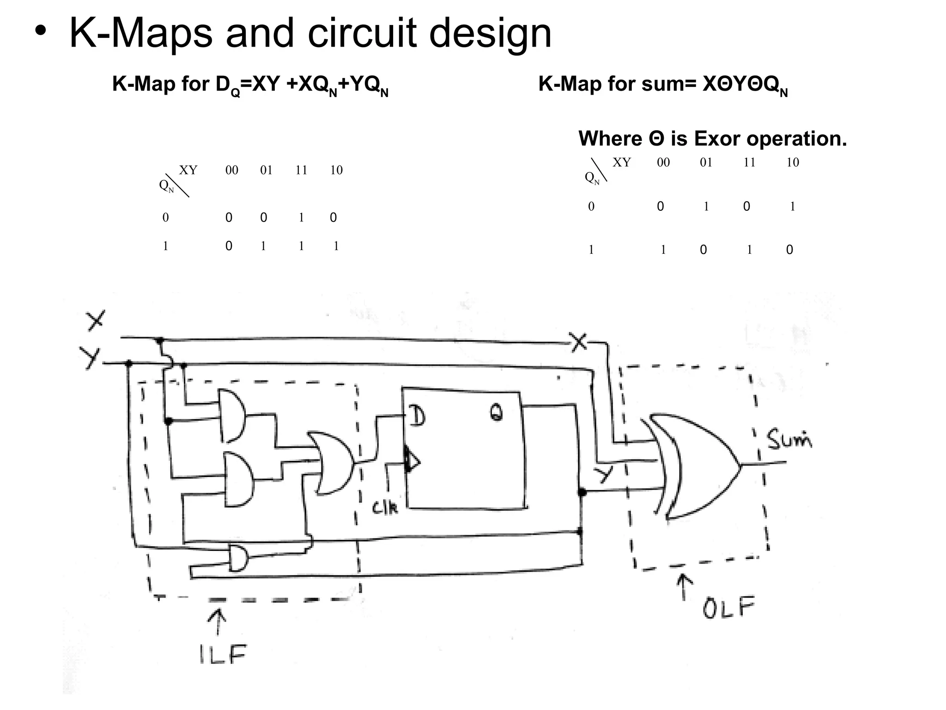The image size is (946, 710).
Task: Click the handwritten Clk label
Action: tap(384, 508)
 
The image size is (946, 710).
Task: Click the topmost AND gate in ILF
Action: tap(232, 416)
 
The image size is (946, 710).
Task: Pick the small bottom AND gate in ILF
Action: tap(238, 558)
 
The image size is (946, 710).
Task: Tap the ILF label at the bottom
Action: tap(223, 654)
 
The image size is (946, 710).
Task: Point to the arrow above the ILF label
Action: tap(217, 621)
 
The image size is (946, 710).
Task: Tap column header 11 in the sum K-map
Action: tap(749, 162)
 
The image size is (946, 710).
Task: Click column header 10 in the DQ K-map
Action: tap(336, 170)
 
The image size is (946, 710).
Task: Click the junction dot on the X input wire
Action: tap(159, 341)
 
